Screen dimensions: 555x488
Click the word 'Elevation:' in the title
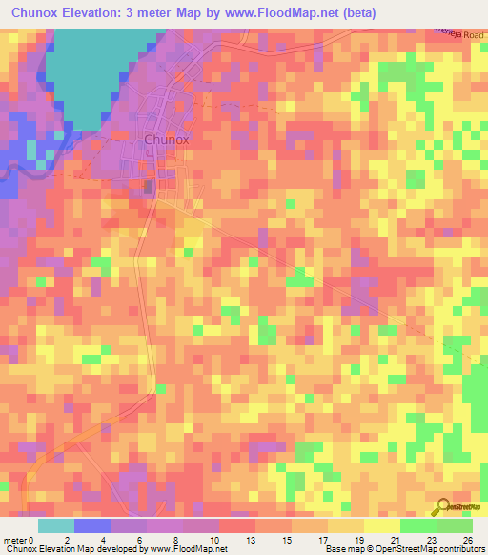[x=102, y=13]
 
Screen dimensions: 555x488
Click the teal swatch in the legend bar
[x=56, y=525]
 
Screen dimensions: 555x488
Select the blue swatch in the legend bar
[x=92, y=525]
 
